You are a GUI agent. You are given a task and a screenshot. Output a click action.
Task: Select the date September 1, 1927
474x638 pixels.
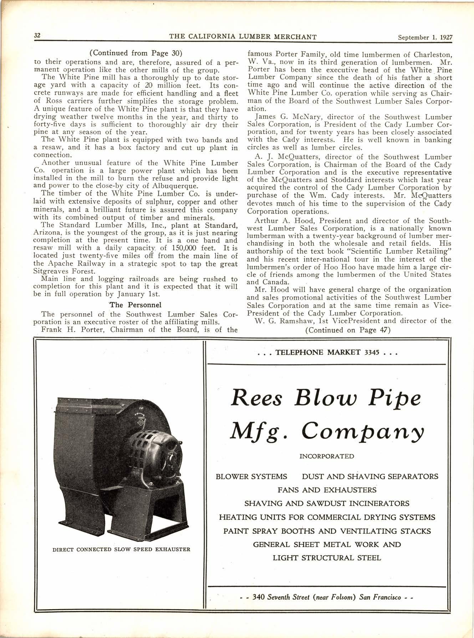[x=424, y=36]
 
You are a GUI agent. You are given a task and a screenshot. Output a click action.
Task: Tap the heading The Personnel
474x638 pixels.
[x=135, y=305]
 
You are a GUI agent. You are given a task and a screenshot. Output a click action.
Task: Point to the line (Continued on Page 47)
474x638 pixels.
[x=348, y=330]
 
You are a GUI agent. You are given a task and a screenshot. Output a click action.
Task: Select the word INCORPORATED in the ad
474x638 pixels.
[x=327, y=456]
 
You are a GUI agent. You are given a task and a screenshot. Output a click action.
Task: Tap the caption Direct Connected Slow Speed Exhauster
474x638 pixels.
[x=121, y=549]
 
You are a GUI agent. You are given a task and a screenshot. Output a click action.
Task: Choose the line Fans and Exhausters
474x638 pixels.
[x=327, y=490]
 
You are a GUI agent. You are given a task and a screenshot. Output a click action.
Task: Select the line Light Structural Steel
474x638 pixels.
[x=327, y=558]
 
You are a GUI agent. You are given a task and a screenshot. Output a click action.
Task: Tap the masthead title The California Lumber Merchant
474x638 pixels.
[x=243, y=36]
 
